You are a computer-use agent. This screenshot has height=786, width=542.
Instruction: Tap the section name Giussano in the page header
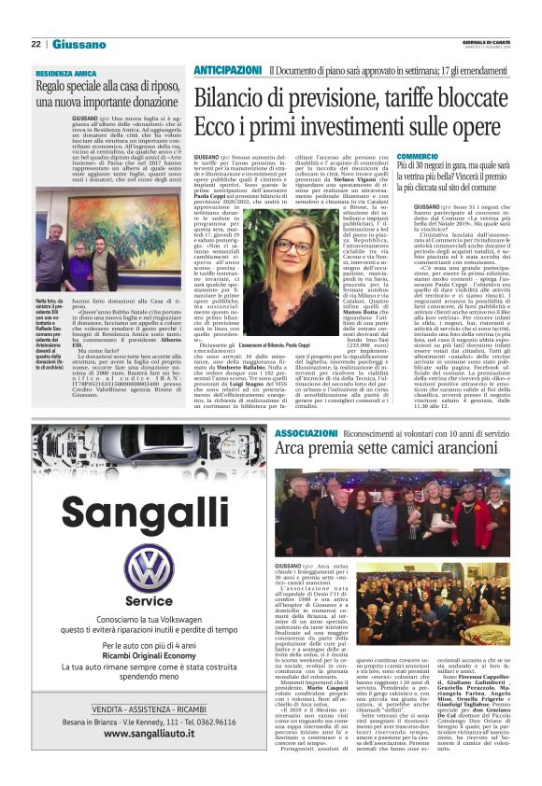point(78,44)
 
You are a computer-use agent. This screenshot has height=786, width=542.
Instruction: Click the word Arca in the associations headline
point(292,452)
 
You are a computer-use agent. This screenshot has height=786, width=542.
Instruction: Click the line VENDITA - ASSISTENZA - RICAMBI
point(131,710)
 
